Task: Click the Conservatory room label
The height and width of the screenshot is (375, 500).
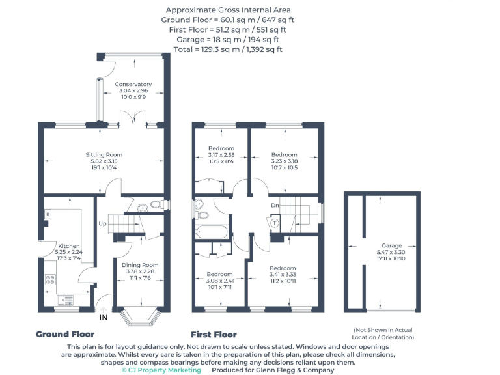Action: (133, 84)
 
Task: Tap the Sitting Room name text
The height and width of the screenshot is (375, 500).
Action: (104, 154)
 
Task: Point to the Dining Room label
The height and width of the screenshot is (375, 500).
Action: (141, 265)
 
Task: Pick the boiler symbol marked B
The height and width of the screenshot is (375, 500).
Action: (48, 214)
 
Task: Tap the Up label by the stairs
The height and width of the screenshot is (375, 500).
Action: (102, 223)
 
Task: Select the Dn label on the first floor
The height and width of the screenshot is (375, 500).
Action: (275, 206)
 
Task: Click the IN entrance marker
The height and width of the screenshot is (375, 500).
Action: (103, 318)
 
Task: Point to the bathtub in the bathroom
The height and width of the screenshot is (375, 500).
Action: (212, 232)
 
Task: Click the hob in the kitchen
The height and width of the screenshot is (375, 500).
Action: (49, 281)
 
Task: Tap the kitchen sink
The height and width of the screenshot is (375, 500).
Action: (64, 299)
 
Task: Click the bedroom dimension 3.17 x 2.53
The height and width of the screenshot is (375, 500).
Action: (221, 154)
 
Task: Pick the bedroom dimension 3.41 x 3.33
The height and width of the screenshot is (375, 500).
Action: (283, 275)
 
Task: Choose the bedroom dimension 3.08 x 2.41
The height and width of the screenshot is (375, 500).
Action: (219, 281)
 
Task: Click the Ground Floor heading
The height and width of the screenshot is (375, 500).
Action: (64, 334)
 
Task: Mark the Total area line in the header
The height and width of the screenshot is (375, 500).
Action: (227, 49)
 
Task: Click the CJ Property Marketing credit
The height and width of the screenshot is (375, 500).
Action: (161, 370)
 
